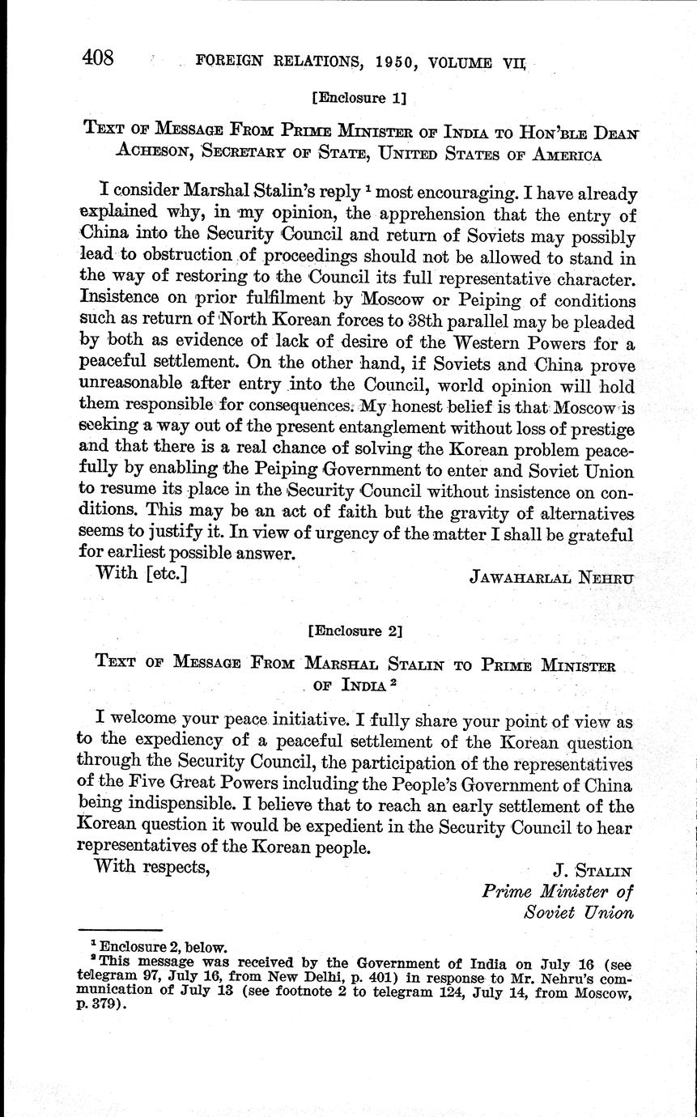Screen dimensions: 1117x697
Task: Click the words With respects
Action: [153, 867]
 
